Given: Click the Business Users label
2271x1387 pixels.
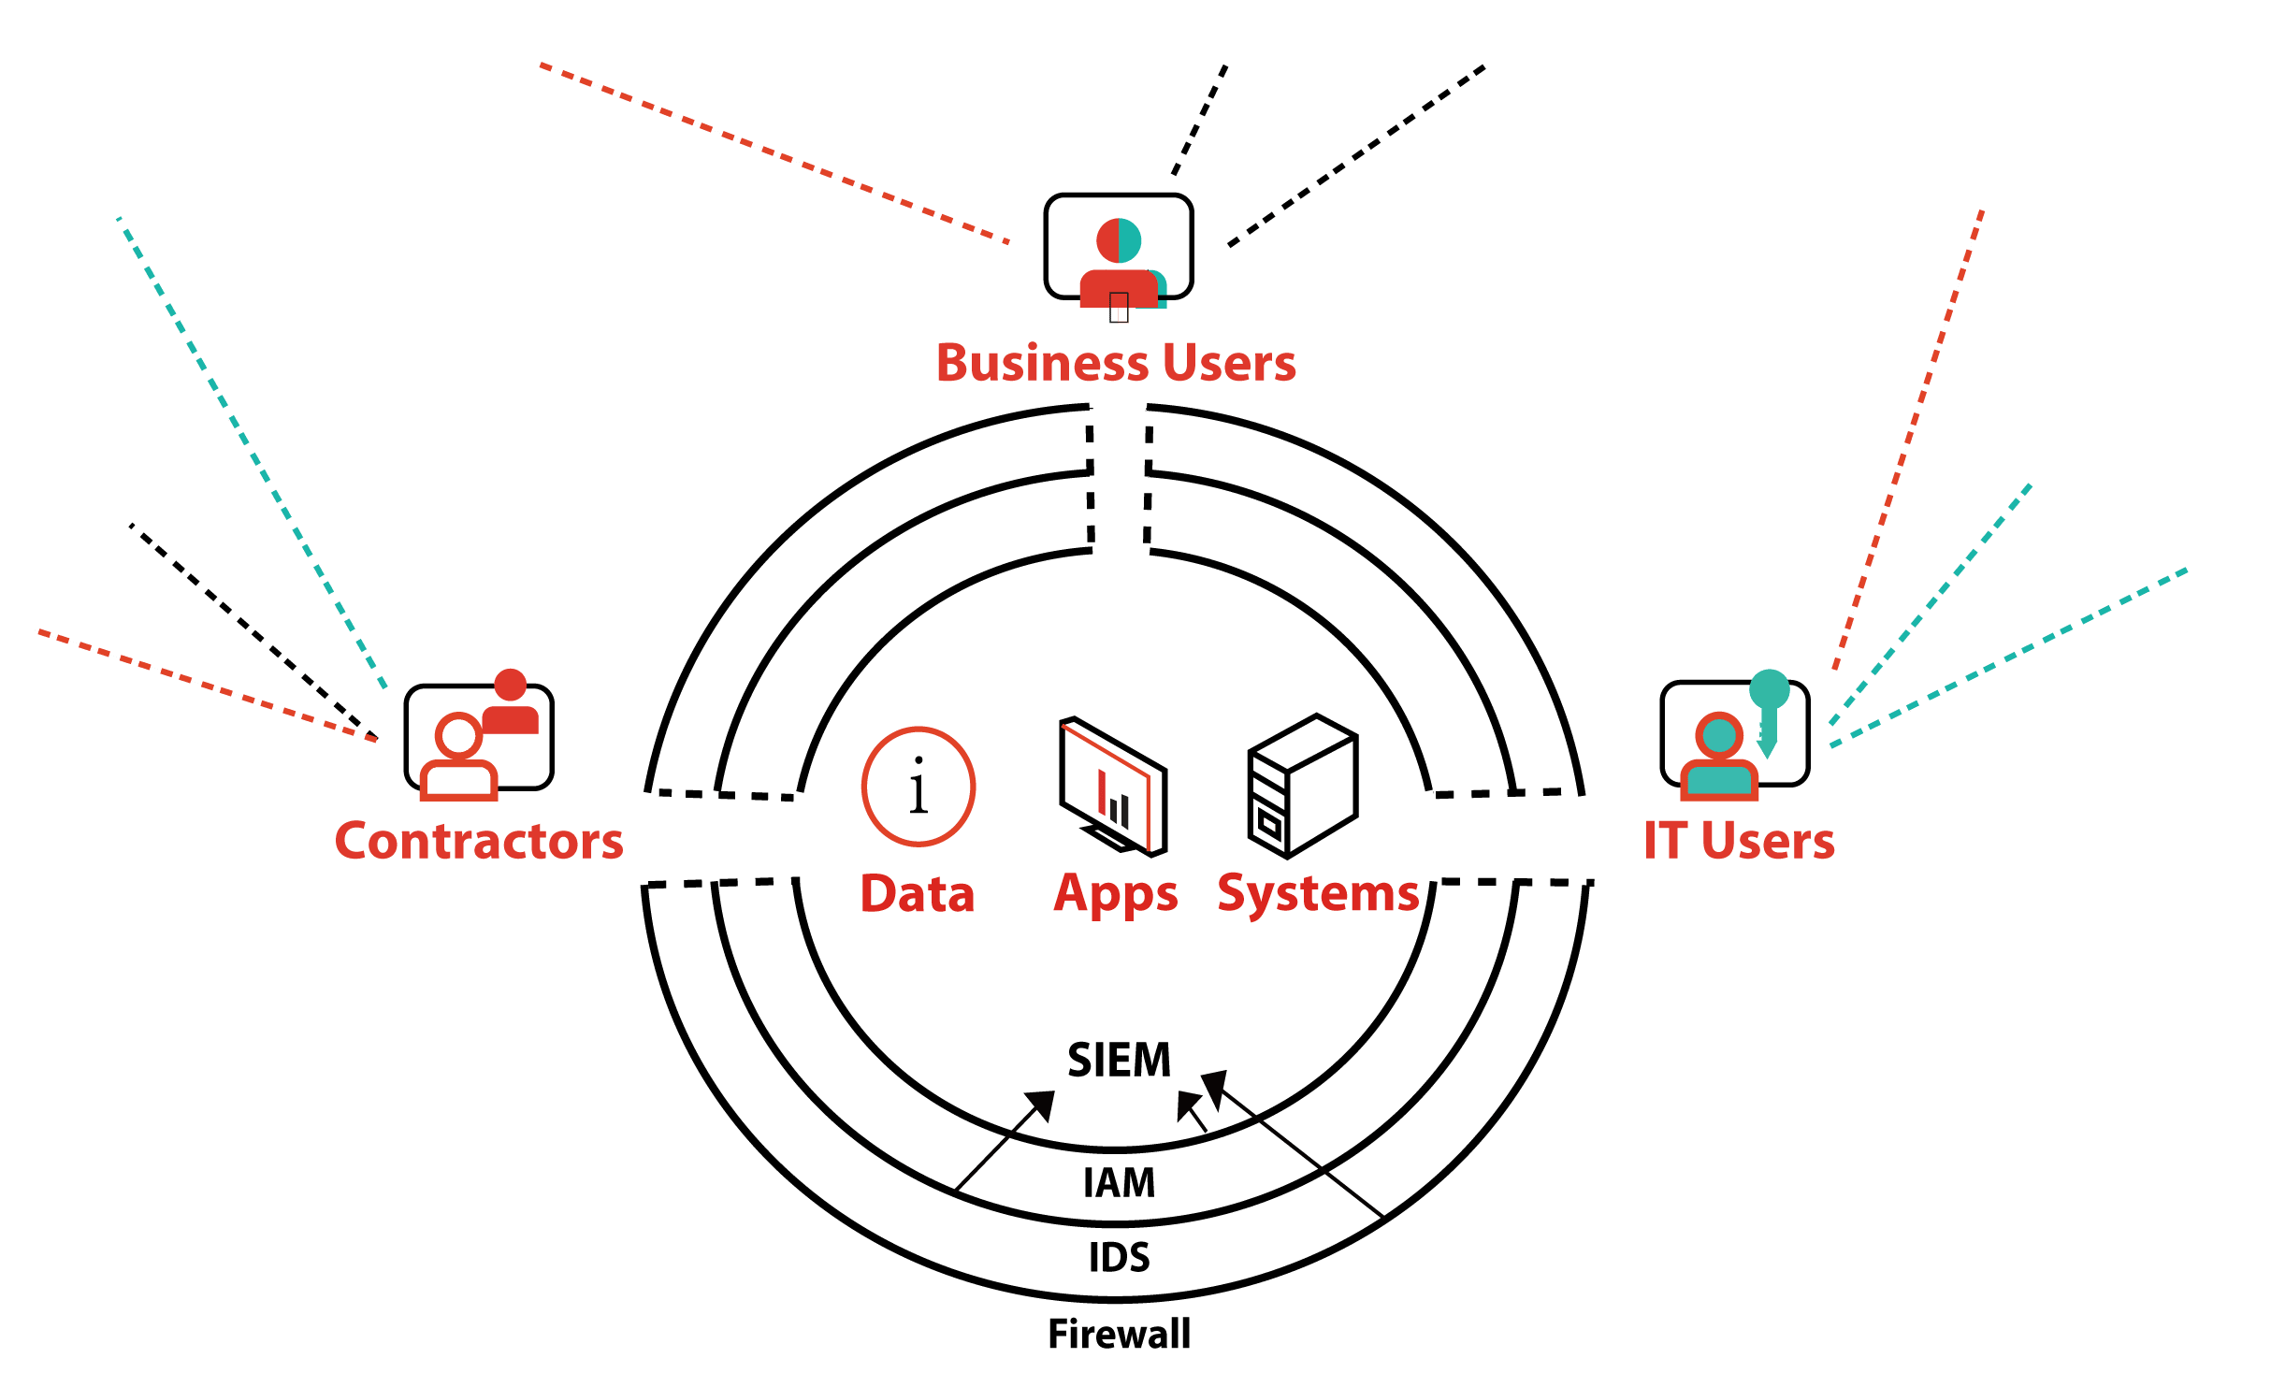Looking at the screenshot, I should (1116, 363).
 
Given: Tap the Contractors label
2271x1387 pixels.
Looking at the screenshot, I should (479, 841).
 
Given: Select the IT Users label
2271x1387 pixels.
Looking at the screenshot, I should (1739, 840).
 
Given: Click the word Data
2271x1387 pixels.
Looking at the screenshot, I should (918, 894).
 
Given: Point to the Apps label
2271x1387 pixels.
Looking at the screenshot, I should (1115, 894).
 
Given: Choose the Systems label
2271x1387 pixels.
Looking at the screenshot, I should (1318, 894).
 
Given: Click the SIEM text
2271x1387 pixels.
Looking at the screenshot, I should (1119, 1060).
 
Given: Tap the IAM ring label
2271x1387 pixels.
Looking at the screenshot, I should (1119, 1183).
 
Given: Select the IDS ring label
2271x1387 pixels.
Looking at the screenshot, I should (1119, 1258).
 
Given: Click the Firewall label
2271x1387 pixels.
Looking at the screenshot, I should (1119, 1335).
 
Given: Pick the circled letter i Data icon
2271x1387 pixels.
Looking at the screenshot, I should (919, 787).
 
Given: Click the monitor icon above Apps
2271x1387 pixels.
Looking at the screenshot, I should (1113, 787).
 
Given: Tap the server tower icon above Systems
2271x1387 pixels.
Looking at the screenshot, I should (1302, 786).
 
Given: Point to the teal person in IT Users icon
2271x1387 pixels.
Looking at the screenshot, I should (1719, 758).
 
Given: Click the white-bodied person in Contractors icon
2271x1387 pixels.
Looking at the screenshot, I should (458, 758).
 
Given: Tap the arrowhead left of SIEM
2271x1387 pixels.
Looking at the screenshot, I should (1041, 1105).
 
